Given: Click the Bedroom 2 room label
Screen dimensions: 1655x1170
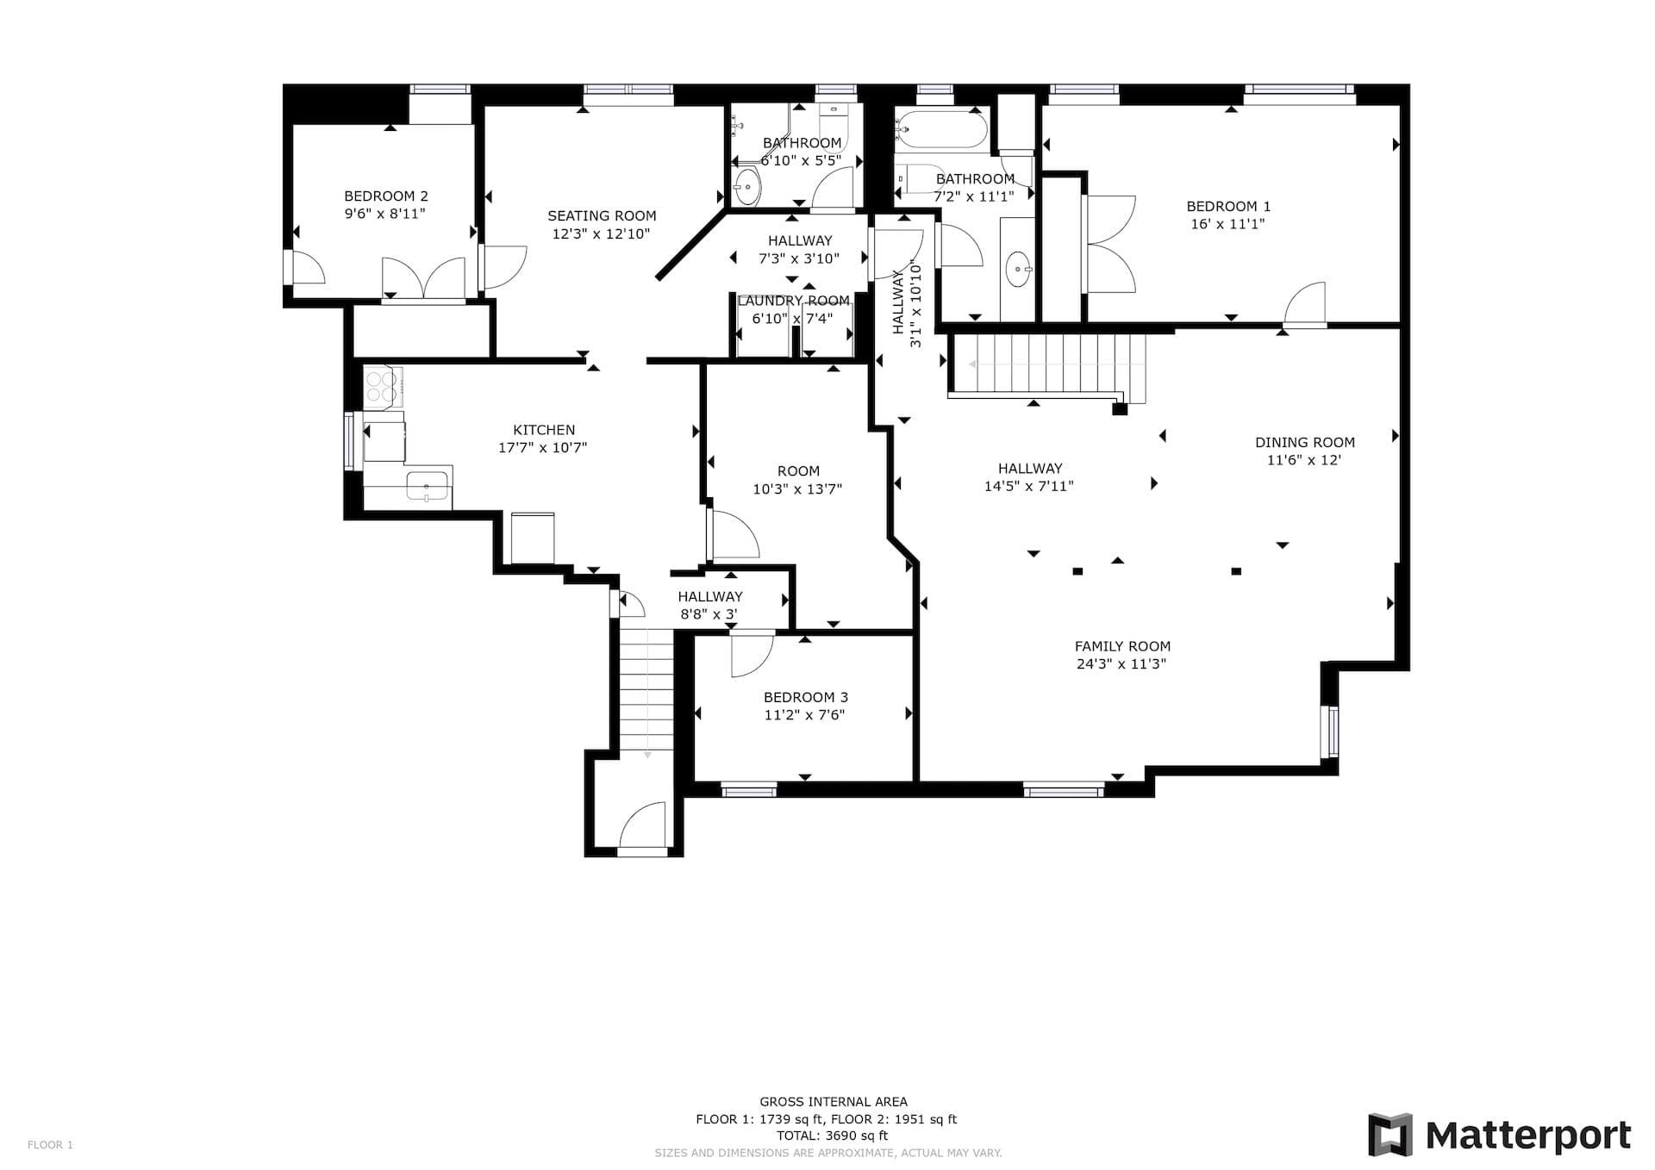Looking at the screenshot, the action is [385, 196].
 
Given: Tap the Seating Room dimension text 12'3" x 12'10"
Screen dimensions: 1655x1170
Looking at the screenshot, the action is [601, 233].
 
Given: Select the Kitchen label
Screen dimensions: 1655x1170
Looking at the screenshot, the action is [544, 430].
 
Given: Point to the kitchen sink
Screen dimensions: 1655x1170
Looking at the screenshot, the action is [427, 486].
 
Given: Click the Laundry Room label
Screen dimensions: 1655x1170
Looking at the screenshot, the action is [794, 301].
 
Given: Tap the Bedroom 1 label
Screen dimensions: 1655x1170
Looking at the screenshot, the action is [1228, 206].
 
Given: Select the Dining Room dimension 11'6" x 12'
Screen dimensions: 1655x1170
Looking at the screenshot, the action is [1304, 460].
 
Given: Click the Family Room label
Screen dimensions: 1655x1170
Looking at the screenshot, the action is [1122, 646].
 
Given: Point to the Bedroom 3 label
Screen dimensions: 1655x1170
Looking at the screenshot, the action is [805, 697].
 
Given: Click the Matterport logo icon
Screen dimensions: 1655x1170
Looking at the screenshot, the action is [1390, 1135].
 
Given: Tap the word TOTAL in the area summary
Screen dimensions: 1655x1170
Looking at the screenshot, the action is [797, 1136].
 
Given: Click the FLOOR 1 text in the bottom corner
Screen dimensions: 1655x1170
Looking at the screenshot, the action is [50, 1145].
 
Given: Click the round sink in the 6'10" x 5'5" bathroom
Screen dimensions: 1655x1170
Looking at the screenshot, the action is [746, 184].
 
